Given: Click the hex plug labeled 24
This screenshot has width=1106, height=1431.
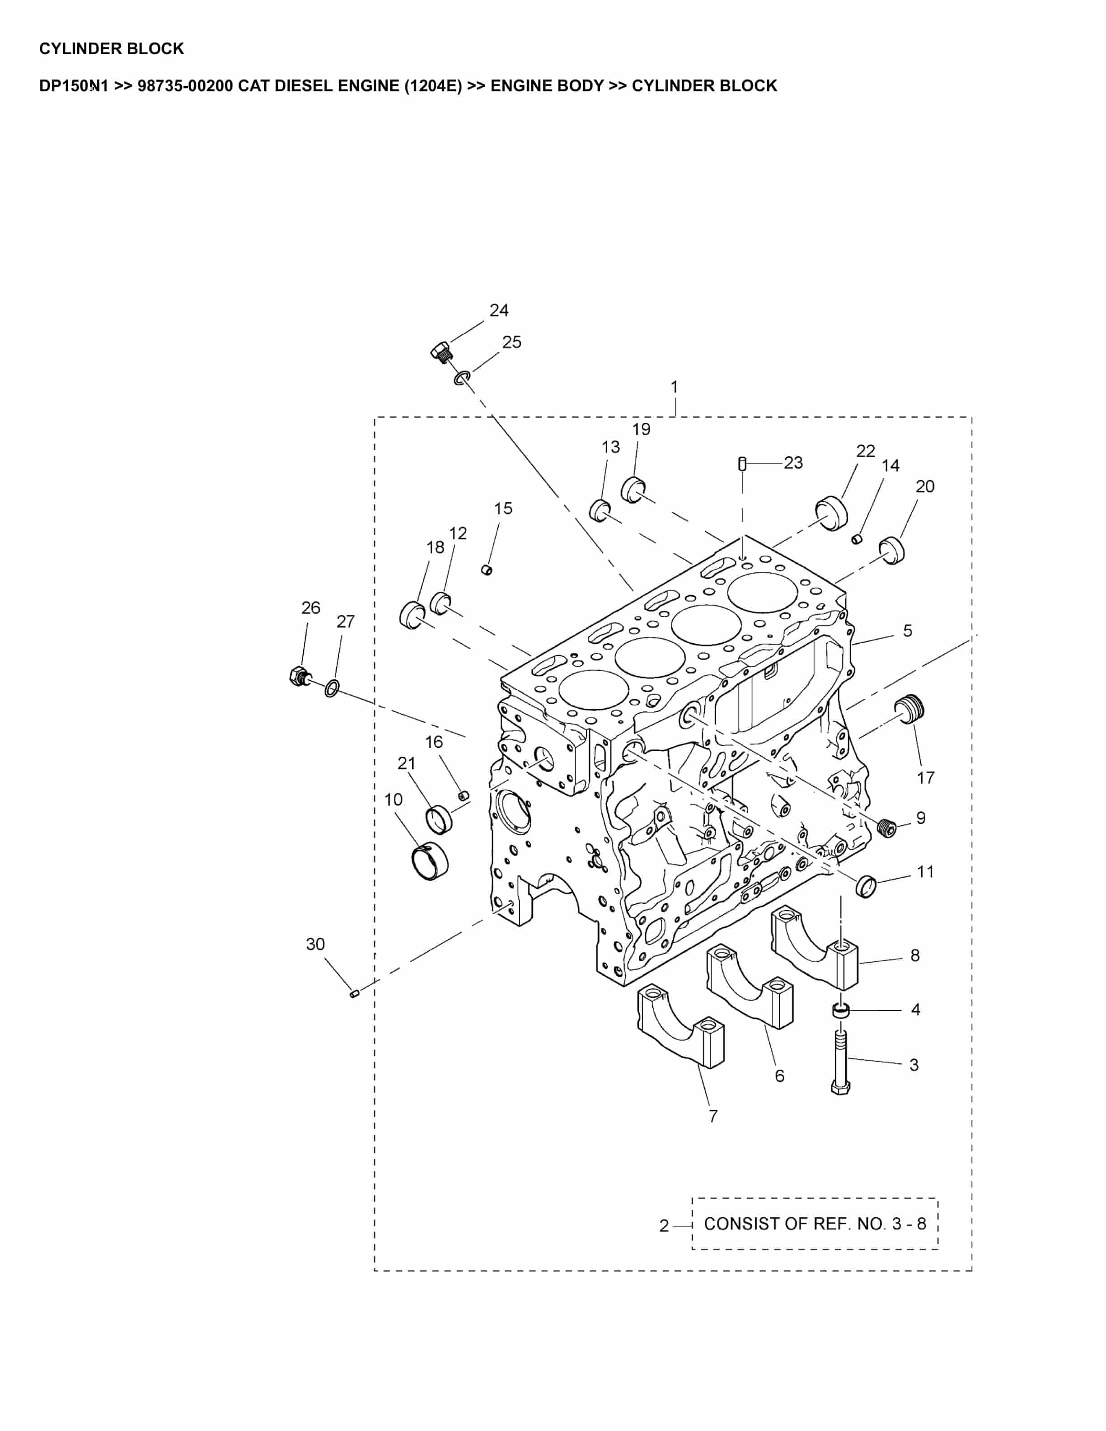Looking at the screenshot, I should pyautogui.click(x=441, y=352).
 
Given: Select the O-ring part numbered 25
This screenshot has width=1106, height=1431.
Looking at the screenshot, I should pyautogui.click(x=462, y=378).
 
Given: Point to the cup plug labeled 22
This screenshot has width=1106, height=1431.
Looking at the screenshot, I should pyautogui.click(x=831, y=514).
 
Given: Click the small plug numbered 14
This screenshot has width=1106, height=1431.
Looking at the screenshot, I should pyautogui.click(x=856, y=538).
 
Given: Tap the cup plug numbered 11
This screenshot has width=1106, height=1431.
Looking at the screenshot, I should pyautogui.click(x=867, y=886).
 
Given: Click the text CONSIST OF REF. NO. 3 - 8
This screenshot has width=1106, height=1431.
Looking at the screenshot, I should pyautogui.click(x=815, y=1224).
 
